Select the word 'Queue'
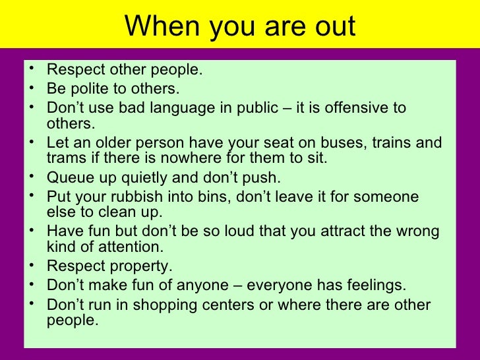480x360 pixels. coord(68,178)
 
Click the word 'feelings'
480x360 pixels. coord(377,285)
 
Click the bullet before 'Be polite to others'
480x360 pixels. coord(33,88)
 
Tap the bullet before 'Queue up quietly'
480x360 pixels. coord(33,177)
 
